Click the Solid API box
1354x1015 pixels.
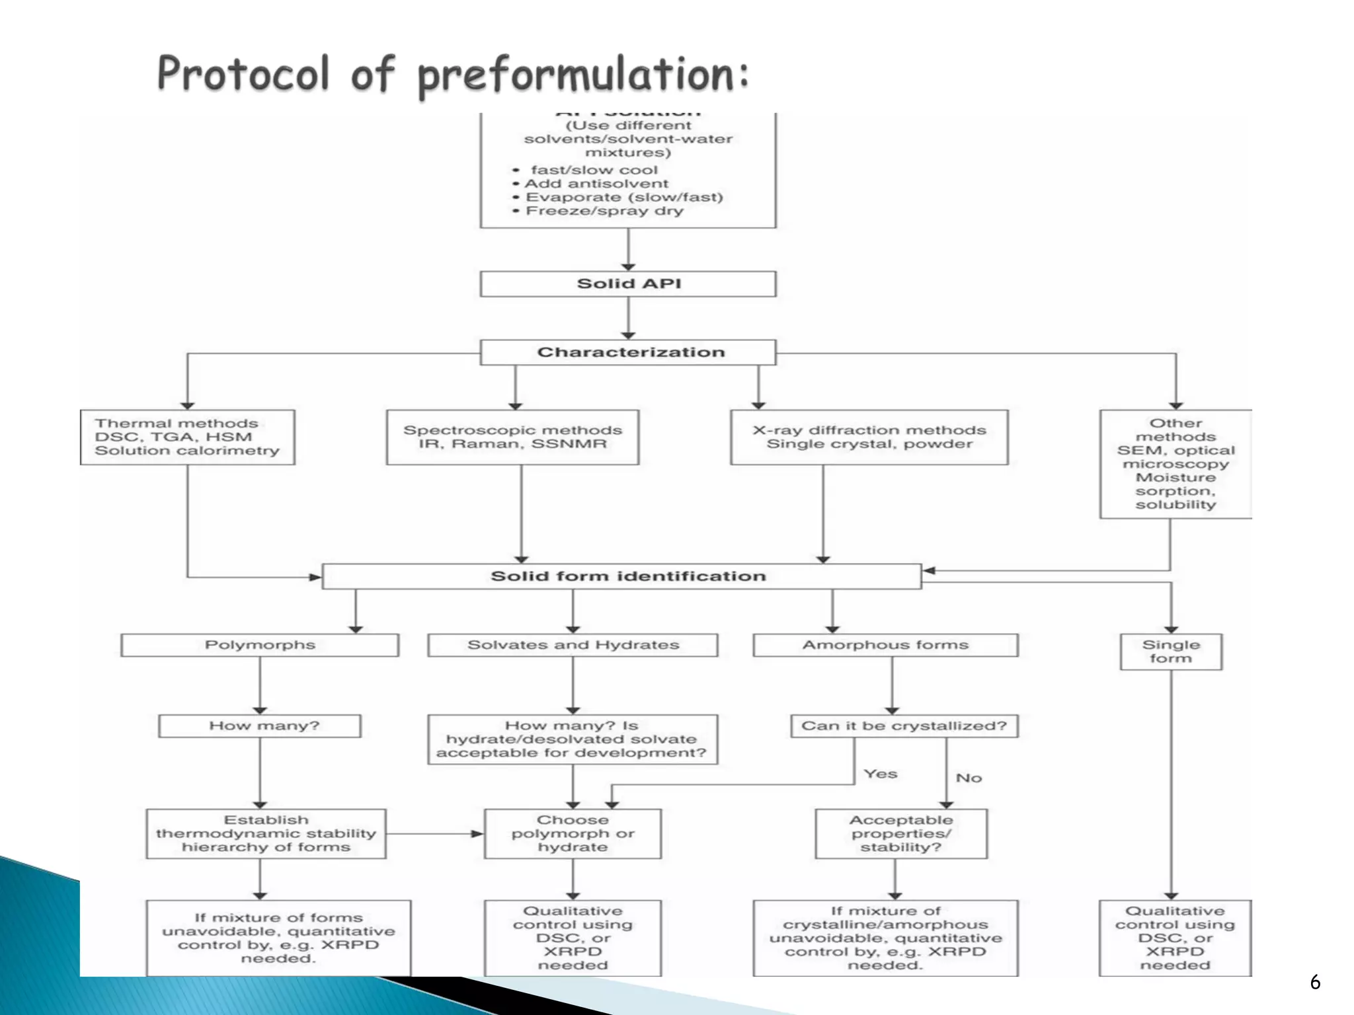click(x=628, y=284)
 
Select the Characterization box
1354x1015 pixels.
click(x=628, y=352)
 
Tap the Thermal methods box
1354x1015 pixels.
click(x=187, y=437)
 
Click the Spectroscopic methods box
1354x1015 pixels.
click(x=512, y=437)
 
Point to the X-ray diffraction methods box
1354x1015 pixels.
click(x=869, y=437)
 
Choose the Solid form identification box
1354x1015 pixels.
click(x=621, y=576)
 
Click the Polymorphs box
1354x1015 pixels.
click(x=260, y=645)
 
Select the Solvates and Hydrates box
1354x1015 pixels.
click(x=573, y=645)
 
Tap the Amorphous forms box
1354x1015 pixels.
click(x=885, y=645)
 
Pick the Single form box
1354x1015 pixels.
click(x=1171, y=652)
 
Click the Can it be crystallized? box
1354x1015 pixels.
click(x=904, y=726)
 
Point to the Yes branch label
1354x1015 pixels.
click(x=880, y=774)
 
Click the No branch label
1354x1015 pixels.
click(x=969, y=778)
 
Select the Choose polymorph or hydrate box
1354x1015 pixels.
click(x=573, y=833)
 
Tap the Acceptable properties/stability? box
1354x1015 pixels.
click(x=901, y=833)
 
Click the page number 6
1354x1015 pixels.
click(x=1315, y=983)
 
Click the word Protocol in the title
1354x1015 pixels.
click(x=243, y=74)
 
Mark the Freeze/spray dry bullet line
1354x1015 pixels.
click(x=604, y=211)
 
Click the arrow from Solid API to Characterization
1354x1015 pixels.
click(x=628, y=318)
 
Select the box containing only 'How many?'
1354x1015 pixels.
click(x=260, y=726)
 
